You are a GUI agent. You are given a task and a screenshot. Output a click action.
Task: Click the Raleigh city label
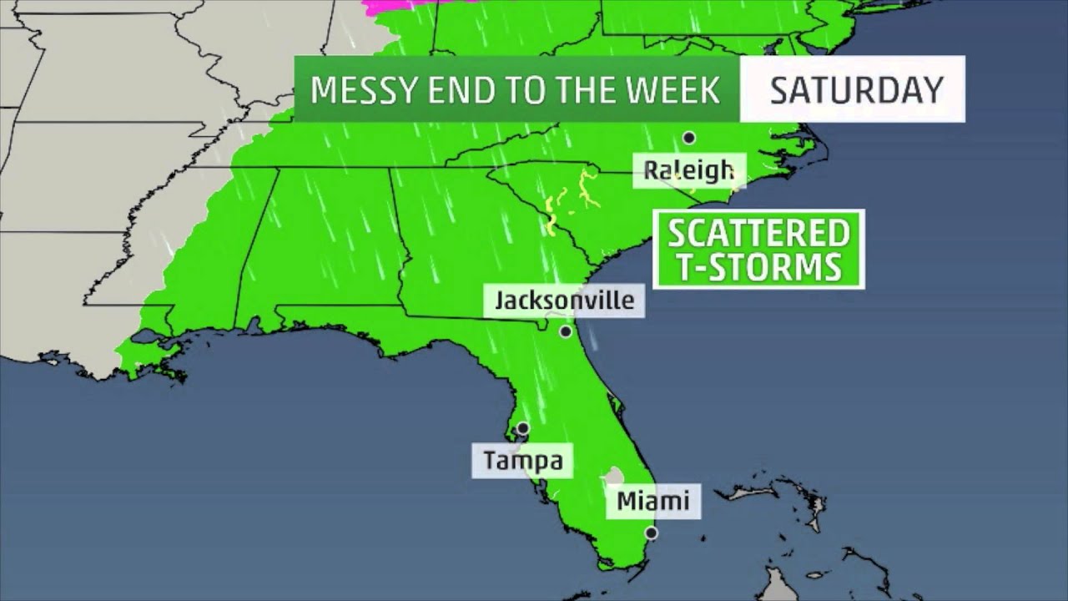click(x=688, y=171)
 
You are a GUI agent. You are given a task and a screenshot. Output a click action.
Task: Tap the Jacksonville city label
click(x=564, y=300)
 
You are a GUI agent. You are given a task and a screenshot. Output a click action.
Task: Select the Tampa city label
click(x=522, y=460)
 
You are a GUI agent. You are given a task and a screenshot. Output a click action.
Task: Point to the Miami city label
click(x=652, y=501)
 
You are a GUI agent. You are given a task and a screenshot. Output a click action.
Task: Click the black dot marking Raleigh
click(x=689, y=138)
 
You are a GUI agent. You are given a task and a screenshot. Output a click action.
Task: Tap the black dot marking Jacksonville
click(x=566, y=331)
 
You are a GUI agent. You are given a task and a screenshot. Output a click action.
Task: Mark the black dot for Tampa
click(x=522, y=428)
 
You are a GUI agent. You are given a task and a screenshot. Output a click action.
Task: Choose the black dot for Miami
click(x=651, y=533)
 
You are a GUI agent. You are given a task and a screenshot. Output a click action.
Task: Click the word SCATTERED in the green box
click(x=758, y=234)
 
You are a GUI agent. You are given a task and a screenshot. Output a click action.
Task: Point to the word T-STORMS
click(x=758, y=267)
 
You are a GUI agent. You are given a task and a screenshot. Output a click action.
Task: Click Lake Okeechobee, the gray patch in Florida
click(x=615, y=477)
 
